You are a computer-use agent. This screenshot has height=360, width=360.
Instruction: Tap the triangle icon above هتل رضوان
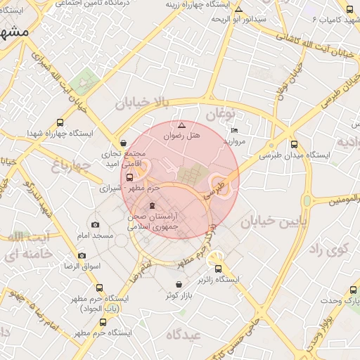pyautogui.click(x=181, y=124)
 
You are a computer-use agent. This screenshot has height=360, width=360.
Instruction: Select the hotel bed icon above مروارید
pyautogui.click(x=234, y=130)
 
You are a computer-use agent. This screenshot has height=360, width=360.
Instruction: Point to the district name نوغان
pyautogui.click(x=219, y=112)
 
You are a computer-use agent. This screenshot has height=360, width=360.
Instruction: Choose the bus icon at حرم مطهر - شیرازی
pyautogui.click(x=129, y=177)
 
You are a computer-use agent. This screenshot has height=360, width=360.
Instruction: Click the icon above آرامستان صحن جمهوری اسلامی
pyautogui.click(x=153, y=205)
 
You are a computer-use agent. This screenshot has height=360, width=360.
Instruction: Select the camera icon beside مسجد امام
pyautogui.click(x=96, y=225)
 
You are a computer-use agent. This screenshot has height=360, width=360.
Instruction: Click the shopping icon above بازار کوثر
pyautogui.click(x=181, y=284)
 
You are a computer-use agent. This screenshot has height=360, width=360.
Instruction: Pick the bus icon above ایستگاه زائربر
pyautogui.click(x=218, y=268)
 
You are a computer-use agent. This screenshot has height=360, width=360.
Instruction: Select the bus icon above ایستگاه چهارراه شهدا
pyautogui.click(x=60, y=122)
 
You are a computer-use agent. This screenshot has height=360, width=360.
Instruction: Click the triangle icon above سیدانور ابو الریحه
pyautogui.click(x=239, y=10)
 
